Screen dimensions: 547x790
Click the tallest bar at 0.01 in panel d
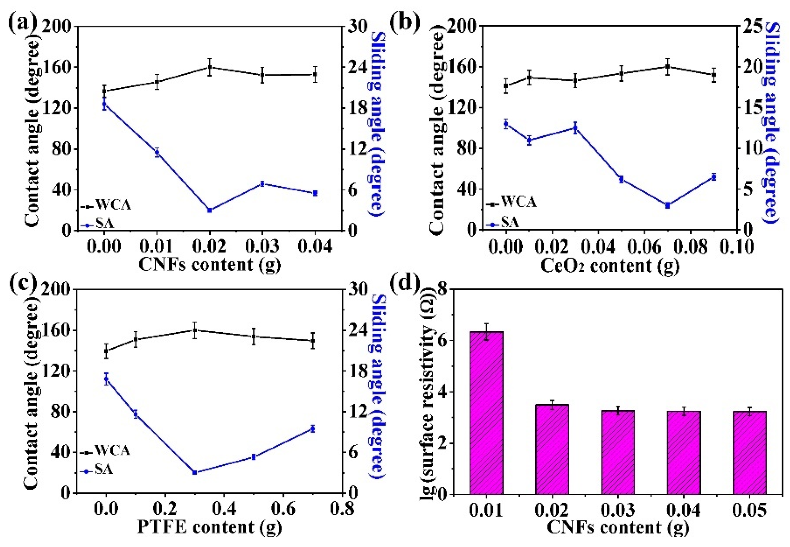tap(486, 413)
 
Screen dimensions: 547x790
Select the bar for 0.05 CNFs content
tap(749, 452)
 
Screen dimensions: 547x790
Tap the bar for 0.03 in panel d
tap(618, 452)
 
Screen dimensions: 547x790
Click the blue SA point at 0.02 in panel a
tap(210, 210)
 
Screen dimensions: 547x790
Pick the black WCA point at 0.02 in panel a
tap(210, 67)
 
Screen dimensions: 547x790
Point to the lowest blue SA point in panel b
tap(667, 205)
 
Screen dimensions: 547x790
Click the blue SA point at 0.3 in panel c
tap(194, 472)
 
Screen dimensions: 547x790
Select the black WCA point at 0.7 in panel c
tap(312, 341)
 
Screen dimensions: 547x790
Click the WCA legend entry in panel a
tap(106, 206)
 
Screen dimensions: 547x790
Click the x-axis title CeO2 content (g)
tap(610, 266)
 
